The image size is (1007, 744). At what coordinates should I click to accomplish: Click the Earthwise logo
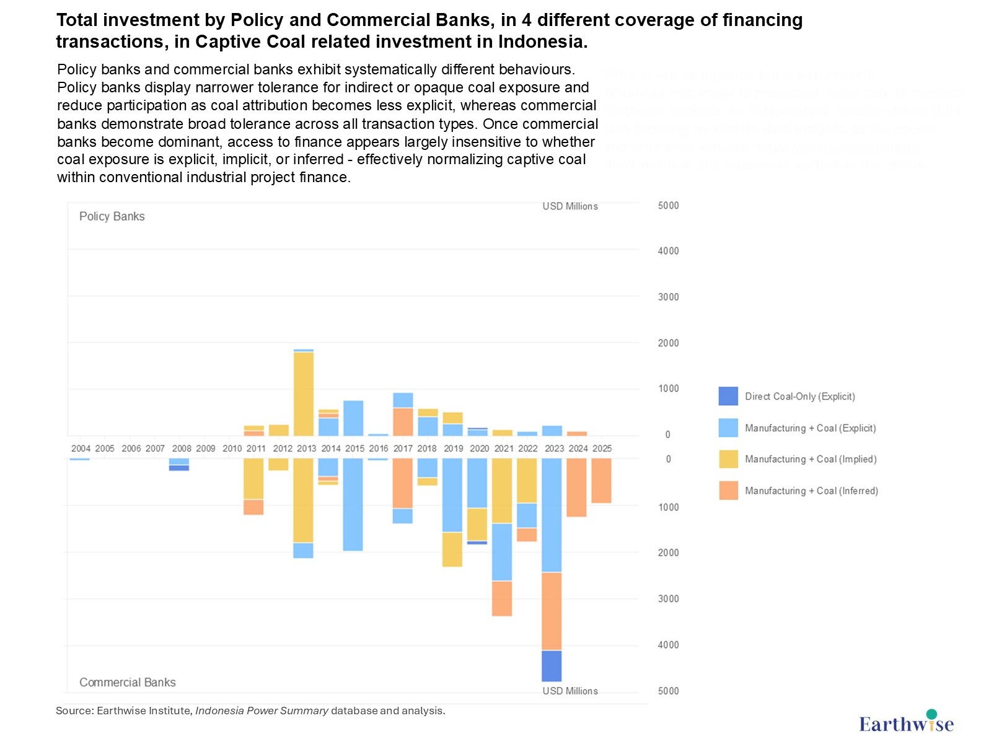pyautogui.click(x=906, y=722)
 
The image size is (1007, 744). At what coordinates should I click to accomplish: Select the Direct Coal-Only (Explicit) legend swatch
pyautogui.click(x=728, y=396)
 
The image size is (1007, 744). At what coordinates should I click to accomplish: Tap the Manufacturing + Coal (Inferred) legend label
pyautogui.click(x=811, y=491)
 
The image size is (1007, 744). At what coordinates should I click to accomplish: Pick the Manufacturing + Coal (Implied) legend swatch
pyautogui.click(x=728, y=459)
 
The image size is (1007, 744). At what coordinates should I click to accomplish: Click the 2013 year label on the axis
pyautogui.click(x=306, y=449)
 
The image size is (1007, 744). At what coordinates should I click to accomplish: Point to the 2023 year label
pyautogui.click(x=554, y=449)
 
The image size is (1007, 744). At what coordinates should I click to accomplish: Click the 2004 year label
pyautogui.click(x=81, y=449)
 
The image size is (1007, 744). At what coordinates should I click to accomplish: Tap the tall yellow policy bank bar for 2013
pyautogui.click(x=304, y=393)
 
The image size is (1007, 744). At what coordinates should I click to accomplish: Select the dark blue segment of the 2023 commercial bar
pyautogui.click(x=552, y=666)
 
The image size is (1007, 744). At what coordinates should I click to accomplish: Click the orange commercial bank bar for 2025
pyautogui.click(x=601, y=481)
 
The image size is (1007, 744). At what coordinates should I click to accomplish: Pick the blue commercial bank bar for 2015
pyautogui.click(x=353, y=504)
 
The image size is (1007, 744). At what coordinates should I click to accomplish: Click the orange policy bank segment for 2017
pyautogui.click(x=403, y=422)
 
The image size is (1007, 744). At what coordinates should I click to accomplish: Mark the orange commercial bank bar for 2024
pyautogui.click(x=576, y=488)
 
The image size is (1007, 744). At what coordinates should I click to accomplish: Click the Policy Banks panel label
pyautogui.click(x=112, y=216)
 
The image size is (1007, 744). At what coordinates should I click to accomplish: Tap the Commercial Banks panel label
pyautogui.click(x=128, y=682)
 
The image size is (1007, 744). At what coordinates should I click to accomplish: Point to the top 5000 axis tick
pyautogui.click(x=668, y=206)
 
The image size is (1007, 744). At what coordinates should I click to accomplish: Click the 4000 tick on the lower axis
pyautogui.click(x=668, y=645)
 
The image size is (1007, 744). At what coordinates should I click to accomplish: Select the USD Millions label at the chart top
pyautogui.click(x=570, y=206)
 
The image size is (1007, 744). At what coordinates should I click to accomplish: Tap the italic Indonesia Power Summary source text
pyautogui.click(x=262, y=711)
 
